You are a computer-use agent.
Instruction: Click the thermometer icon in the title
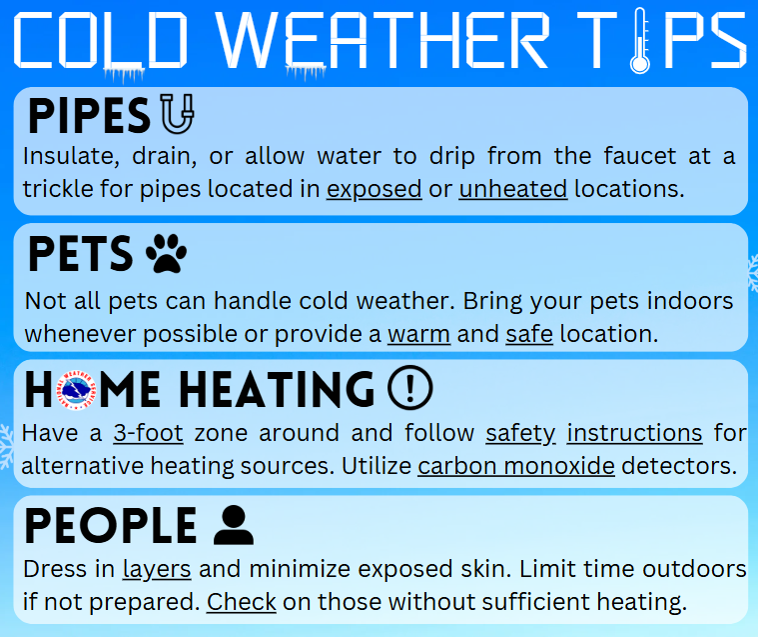[639, 41]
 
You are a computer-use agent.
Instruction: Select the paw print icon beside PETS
[167, 254]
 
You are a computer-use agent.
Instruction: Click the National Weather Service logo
[76, 390]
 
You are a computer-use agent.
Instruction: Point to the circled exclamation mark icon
[409, 388]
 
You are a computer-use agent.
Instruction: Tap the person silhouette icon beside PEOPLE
[234, 525]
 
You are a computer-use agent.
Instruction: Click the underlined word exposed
[375, 189]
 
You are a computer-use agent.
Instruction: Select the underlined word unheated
[513, 189]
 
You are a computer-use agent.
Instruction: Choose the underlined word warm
[418, 334]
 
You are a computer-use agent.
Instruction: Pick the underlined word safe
[529, 334]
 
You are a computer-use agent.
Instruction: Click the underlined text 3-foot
[149, 433]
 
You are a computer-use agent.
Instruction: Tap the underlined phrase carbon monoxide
[516, 466]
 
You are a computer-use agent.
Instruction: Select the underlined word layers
[157, 570]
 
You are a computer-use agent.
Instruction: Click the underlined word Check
[242, 602]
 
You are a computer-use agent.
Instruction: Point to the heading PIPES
[89, 116]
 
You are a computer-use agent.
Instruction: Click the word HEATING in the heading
[277, 389]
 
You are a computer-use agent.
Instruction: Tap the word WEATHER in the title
[382, 40]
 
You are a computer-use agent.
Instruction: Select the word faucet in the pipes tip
[640, 156]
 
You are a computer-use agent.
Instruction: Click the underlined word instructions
[634, 433]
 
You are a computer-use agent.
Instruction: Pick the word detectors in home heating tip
[679, 466]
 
